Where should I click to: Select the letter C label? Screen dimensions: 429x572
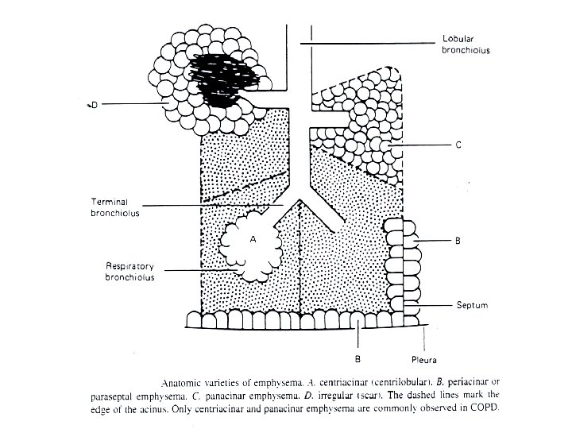458,145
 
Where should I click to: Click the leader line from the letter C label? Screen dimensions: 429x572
422,146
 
